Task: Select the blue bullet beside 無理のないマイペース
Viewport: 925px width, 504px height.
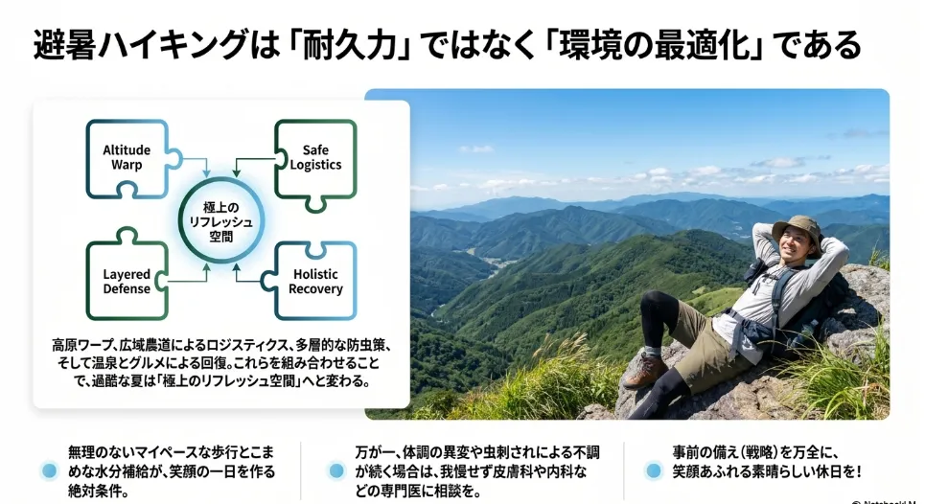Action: click(50, 470)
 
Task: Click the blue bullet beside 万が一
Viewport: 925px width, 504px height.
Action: click(336, 470)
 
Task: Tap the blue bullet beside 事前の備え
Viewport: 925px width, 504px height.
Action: click(654, 470)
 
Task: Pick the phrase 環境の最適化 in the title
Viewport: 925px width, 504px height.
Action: click(650, 45)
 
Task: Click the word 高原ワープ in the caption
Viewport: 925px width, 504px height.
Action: click(82, 345)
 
